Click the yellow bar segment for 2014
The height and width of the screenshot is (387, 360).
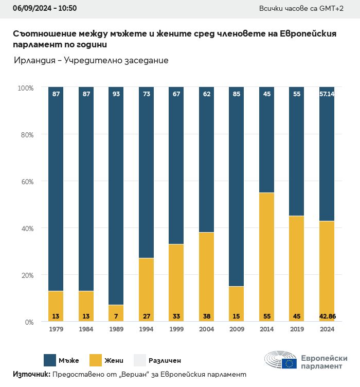coord(266,257)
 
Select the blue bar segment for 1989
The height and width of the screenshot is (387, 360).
coord(116,196)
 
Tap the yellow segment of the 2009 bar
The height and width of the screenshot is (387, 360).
coord(236,304)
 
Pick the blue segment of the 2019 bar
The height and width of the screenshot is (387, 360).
coord(297,151)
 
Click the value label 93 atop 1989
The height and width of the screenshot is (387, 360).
coord(116,94)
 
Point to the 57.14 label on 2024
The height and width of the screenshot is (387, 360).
coord(327,94)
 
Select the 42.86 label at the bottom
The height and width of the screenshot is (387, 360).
coord(328,316)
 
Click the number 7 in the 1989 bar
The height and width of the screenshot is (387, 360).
coord(116,316)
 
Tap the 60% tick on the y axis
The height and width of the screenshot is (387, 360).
coord(27,182)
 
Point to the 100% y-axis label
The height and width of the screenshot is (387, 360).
coord(26,88)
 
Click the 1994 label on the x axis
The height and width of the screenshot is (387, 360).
coord(146,329)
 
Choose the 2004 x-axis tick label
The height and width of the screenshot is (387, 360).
coord(206,329)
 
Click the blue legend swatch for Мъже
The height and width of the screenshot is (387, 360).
coord(50,360)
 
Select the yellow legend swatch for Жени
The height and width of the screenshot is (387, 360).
coord(96,360)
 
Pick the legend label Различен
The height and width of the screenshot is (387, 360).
coord(165,361)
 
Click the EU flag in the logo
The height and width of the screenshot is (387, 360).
coord(289,363)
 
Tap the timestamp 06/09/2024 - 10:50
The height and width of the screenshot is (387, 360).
coord(45,8)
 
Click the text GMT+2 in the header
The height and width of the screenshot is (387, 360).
coord(331,8)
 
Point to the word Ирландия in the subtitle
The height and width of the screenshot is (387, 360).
coord(34,61)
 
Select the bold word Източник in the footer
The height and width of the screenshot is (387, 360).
coord(31,374)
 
